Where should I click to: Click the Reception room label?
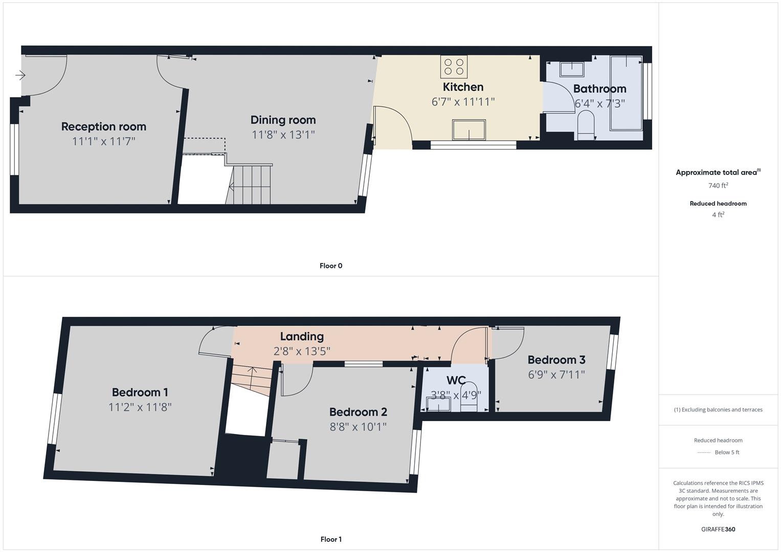(x=103, y=126)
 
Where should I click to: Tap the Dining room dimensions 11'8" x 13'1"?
(x=283, y=134)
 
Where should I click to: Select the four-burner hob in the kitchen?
(x=454, y=66)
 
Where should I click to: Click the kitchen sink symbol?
(x=468, y=130)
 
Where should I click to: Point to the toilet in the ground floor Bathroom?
(x=585, y=126)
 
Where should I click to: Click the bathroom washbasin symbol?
(x=572, y=68)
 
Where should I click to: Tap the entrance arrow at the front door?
(x=20, y=76)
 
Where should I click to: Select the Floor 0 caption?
(x=330, y=266)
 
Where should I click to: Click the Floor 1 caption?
(x=330, y=539)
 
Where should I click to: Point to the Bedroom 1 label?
(x=140, y=392)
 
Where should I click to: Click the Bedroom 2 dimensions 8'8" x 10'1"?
(x=358, y=426)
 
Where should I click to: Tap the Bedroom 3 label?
(x=556, y=360)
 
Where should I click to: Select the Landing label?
(x=302, y=336)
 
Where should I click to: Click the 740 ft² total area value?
(x=718, y=186)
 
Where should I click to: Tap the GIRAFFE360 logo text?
(x=718, y=529)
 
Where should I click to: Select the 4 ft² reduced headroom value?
(x=718, y=215)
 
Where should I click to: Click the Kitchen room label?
(x=463, y=87)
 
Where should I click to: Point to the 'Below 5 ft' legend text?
(x=727, y=452)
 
